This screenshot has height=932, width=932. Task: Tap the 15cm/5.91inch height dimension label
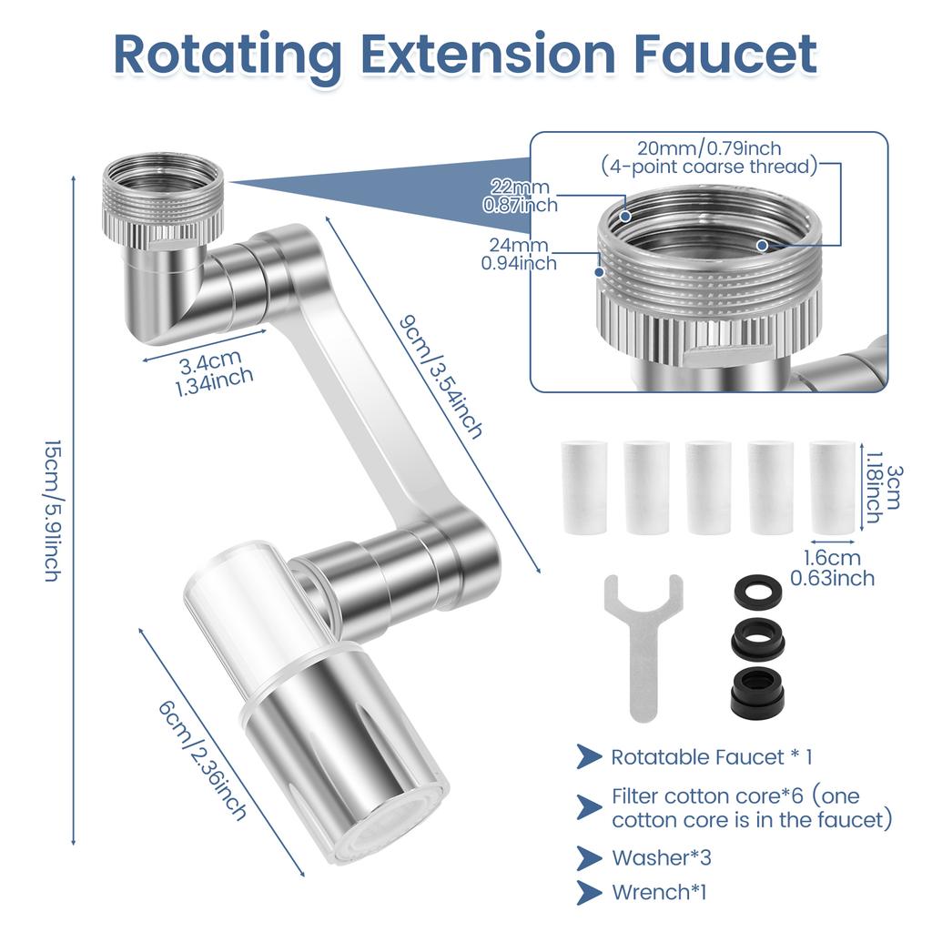pos(52,510)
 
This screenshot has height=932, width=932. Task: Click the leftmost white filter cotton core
pos(583,488)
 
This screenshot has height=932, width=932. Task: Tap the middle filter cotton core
pos(707,488)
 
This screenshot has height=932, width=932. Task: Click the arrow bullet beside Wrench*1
pos(588,892)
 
